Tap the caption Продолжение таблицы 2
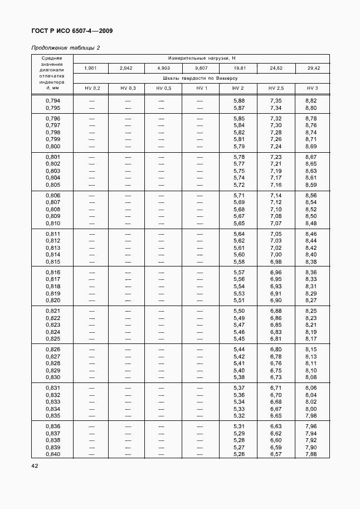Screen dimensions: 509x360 pos(65,47)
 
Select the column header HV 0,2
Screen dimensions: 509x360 pos(93,89)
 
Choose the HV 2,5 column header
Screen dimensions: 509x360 pos(276,89)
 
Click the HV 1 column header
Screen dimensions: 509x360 pos(201,89)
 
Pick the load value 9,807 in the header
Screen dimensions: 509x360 pos(201,68)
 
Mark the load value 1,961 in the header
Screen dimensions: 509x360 pos(93,68)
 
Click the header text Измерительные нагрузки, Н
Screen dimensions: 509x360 pos(201,58)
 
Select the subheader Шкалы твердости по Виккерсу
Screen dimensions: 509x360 pos(201,79)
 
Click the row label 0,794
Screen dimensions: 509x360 pos(53,100)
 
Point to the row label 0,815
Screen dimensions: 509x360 pos(53,261)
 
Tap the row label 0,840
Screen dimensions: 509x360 pos(53,454)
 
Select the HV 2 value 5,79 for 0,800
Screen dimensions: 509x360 pos(239,146)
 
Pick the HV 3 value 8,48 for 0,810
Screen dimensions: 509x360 pos(312,223)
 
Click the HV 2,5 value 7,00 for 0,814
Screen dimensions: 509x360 pos(276,254)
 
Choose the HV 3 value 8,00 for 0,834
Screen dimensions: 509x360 pos(312,408)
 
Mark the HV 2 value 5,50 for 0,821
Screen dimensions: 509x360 pos(239,311)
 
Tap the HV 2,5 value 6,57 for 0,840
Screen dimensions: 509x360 pos(276,454)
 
